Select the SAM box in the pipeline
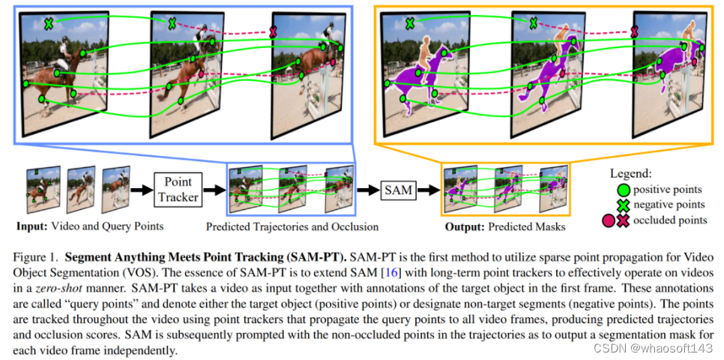point(397,190)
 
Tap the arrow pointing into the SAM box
point(367,190)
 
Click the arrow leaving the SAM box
point(428,190)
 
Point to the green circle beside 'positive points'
point(622,188)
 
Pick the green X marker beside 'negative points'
point(622,204)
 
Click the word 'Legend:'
point(635,172)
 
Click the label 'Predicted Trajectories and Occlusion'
point(291,226)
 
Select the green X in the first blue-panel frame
point(48,23)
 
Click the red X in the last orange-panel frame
point(635,31)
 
